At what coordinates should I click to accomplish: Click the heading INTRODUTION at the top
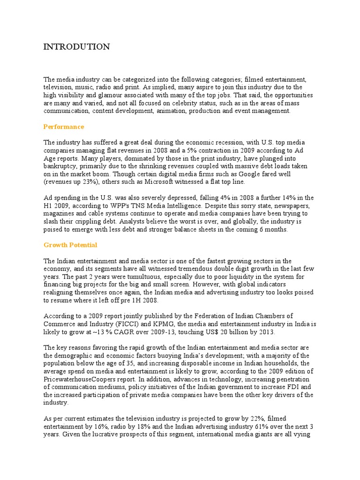(x=76, y=46)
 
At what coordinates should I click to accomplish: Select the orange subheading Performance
(x=64, y=127)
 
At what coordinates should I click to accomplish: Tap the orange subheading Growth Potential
(x=70, y=245)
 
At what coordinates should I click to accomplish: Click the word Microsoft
(x=158, y=182)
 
